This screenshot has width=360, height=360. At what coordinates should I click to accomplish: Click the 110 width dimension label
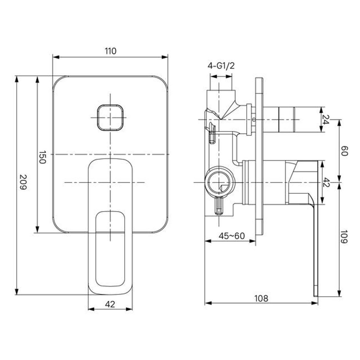[110, 51]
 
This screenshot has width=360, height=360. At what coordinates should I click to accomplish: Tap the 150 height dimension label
[42, 157]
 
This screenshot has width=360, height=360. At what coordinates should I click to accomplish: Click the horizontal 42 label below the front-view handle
[110, 304]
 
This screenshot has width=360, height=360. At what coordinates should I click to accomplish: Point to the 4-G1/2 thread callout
[221, 66]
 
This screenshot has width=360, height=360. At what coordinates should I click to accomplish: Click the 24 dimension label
[326, 119]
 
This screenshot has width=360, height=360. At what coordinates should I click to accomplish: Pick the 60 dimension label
[344, 151]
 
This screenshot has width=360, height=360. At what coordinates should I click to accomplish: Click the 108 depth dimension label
[261, 298]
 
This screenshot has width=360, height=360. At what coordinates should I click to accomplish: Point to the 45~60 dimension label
[232, 236]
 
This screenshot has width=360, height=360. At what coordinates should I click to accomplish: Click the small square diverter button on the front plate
[110, 117]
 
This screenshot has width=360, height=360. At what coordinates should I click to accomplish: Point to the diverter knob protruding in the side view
[285, 119]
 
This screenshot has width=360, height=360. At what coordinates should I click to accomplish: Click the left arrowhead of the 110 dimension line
[55, 57]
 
